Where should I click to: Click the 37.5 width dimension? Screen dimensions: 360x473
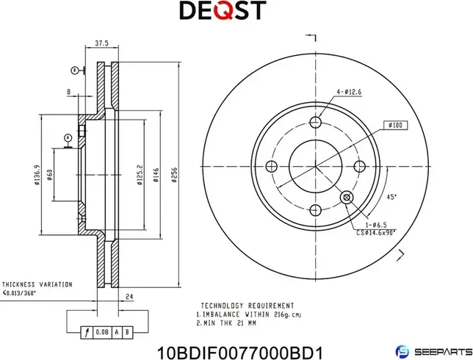pos(103,43)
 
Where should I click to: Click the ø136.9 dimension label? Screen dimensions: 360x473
pos(36,178)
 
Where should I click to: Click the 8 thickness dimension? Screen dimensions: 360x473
pos(68,92)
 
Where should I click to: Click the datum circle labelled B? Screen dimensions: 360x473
pos(73,70)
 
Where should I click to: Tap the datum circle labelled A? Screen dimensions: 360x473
pos(68,137)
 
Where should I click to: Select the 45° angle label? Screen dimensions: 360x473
pos(391,196)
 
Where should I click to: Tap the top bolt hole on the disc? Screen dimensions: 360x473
pos(317,122)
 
